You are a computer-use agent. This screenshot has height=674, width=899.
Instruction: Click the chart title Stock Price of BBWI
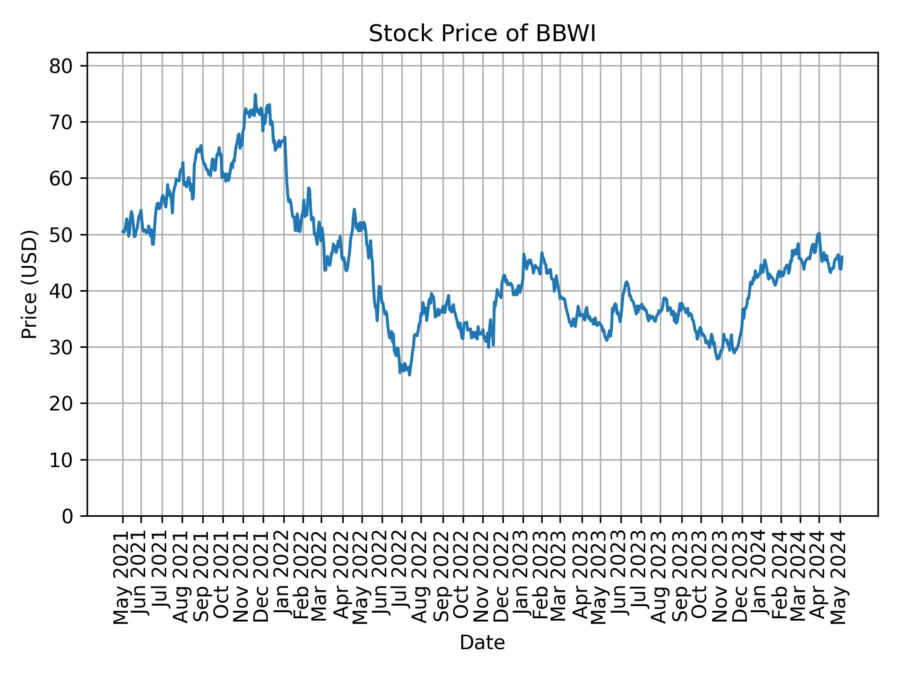[x=482, y=34]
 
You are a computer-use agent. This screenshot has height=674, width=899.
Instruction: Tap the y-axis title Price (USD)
[x=29, y=284]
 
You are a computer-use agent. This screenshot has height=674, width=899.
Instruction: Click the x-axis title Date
[x=482, y=643]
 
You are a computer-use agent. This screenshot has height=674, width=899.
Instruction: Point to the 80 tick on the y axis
[x=61, y=66]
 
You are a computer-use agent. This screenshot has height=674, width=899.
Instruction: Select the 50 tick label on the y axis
[x=61, y=234]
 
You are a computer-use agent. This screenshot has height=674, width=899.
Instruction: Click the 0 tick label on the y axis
[x=67, y=516]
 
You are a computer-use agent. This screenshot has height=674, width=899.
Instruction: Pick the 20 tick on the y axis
[x=61, y=403]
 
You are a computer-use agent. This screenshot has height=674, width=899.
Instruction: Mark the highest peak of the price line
[x=255, y=95]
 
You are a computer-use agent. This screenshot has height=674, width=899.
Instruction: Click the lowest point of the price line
[x=410, y=374]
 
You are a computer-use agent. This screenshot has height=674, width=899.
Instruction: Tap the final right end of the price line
[x=842, y=256]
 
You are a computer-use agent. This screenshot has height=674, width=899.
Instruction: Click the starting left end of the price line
[x=123, y=232]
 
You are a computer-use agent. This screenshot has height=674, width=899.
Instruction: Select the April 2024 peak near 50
[x=818, y=233]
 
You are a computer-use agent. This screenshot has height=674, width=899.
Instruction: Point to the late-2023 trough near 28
[x=717, y=359]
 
